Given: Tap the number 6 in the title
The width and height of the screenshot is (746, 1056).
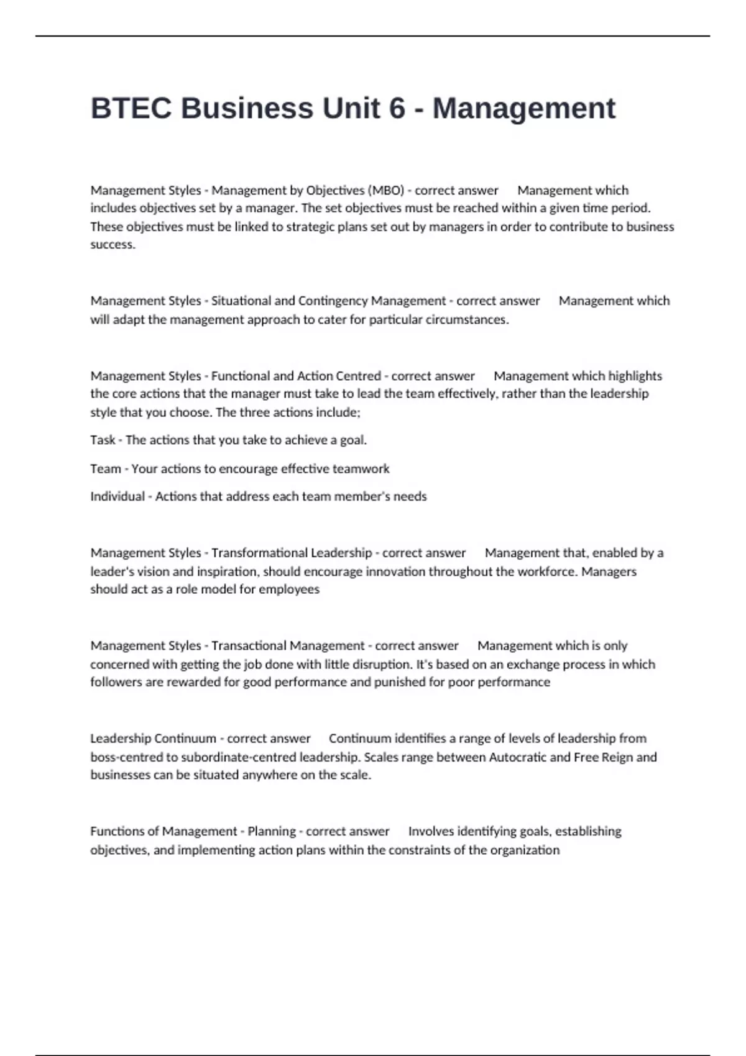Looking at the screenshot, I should [x=397, y=108].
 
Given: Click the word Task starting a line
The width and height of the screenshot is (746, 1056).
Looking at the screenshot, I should [x=103, y=440].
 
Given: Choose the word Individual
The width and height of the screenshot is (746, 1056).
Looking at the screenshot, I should [x=117, y=496].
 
